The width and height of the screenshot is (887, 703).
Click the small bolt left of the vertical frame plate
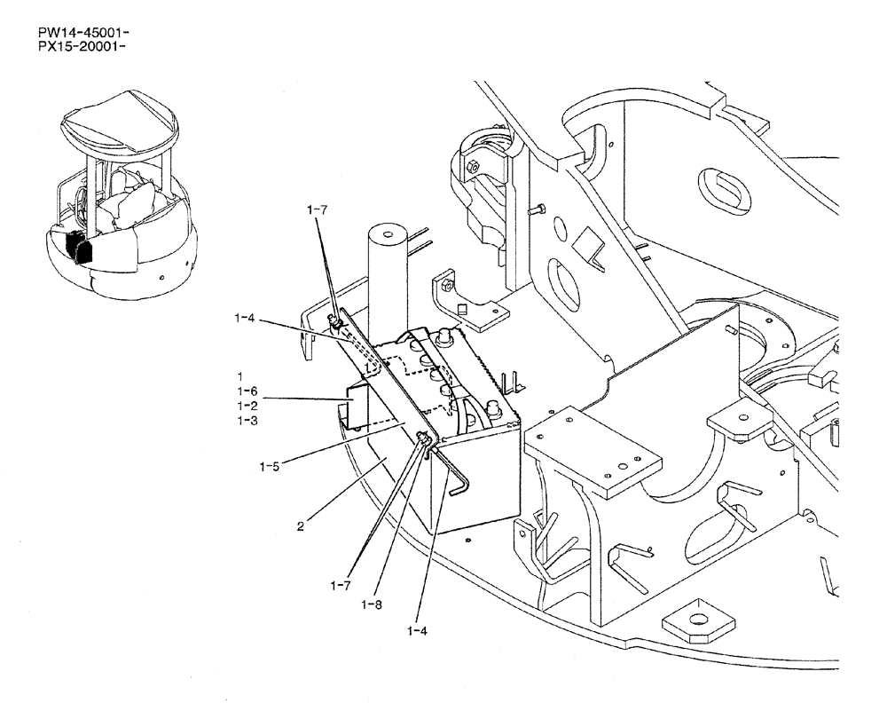[x=536, y=211]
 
